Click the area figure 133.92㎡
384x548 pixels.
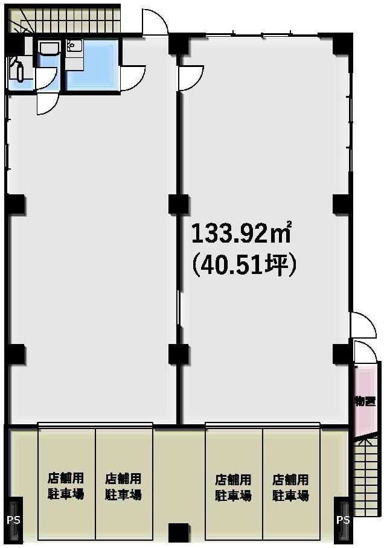click(x=242, y=233)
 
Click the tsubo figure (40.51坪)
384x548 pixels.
click(x=244, y=264)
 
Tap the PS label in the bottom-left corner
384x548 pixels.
click(x=13, y=520)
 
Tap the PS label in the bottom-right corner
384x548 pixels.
click(x=343, y=520)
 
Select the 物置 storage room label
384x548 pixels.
click(x=365, y=401)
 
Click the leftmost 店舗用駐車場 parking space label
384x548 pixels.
click(x=66, y=486)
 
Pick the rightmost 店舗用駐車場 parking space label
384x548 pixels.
click(x=290, y=487)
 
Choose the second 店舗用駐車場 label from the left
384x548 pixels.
click(x=123, y=486)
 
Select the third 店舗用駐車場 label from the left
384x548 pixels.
click(x=233, y=487)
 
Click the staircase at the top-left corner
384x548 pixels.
click(x=65, y=21)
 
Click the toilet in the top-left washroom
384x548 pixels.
click(x=18, y=70)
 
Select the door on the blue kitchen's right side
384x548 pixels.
click(x=133, y=78)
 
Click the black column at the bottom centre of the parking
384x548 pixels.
click(x=179, y=533)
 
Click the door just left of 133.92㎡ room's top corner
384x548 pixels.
click(x=191, y=78)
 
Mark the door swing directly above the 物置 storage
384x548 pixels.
click(x=365, y=352)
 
